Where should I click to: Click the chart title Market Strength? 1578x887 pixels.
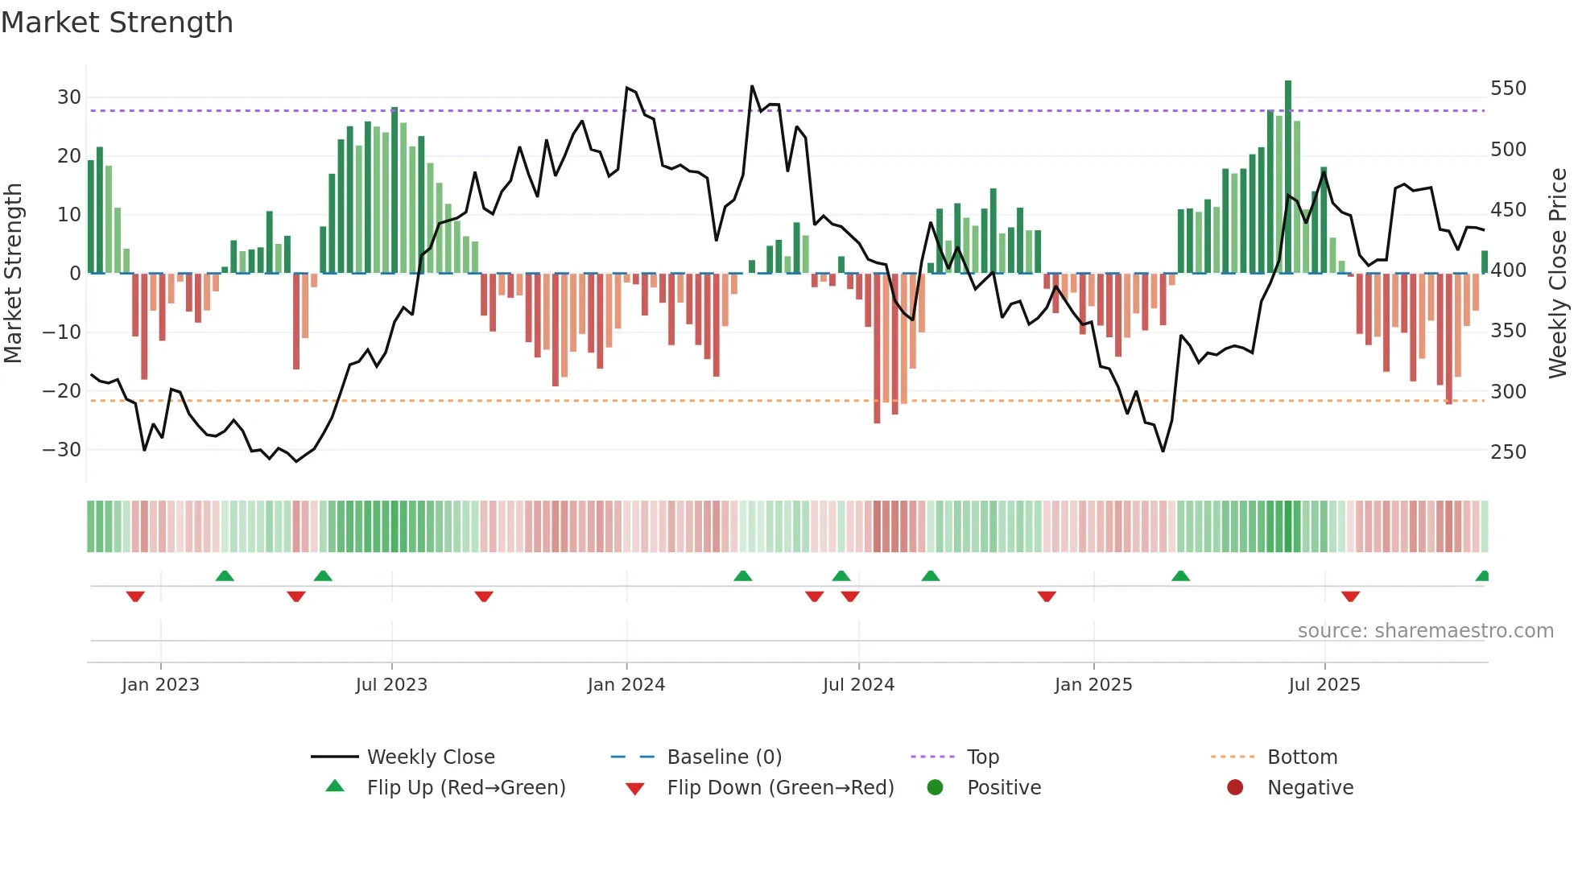(117, 23)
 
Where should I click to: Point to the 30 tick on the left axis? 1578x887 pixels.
(69, 97)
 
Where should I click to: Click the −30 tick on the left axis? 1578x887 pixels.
(62, 450)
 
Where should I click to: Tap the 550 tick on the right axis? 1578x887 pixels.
(1508, 89)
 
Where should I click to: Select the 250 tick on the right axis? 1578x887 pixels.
(1508, 452)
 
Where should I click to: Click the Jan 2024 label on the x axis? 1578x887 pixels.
(626, 685)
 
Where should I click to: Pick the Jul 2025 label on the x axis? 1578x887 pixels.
(1324, 685)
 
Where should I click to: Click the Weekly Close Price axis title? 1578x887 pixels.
(1558, 274)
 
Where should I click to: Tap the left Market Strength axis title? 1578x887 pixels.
(13, 274)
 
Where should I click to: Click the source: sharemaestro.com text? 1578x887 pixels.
(1425, 631)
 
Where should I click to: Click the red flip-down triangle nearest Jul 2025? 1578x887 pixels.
(1350, 596)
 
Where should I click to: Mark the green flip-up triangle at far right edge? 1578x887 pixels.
(1482, 576)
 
